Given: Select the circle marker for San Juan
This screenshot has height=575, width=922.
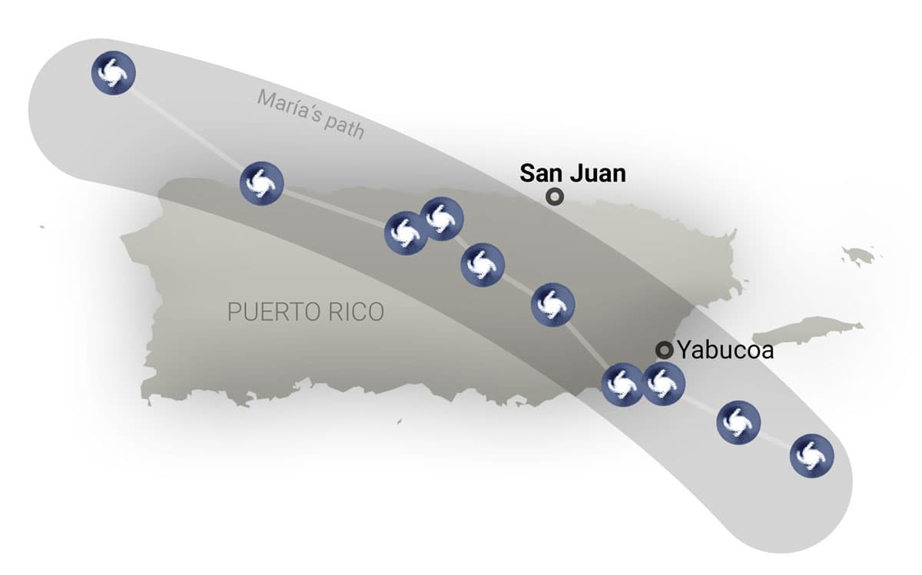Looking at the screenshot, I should coord(554,197).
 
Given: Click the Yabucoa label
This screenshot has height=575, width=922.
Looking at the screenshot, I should coord(725,351).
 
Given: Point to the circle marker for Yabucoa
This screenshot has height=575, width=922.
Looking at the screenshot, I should coord(664,351).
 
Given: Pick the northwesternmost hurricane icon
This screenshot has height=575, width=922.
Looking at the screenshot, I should coord(113,73).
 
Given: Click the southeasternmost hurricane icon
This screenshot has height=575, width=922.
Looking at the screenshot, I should coord(812,456).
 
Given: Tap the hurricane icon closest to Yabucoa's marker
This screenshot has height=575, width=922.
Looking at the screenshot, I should coord(662,384).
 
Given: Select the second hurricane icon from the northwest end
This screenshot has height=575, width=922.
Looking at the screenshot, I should coord(261,183).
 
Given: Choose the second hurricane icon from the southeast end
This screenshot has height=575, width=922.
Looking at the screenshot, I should coord(738,421).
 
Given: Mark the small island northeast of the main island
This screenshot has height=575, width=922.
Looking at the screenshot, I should coord(859,255).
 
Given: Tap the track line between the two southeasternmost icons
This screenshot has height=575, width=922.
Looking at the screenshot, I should coord(775,438).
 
